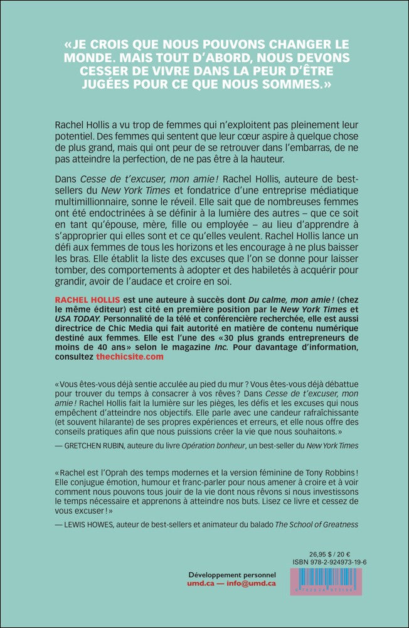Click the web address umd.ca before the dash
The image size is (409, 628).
tap(202, 584)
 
